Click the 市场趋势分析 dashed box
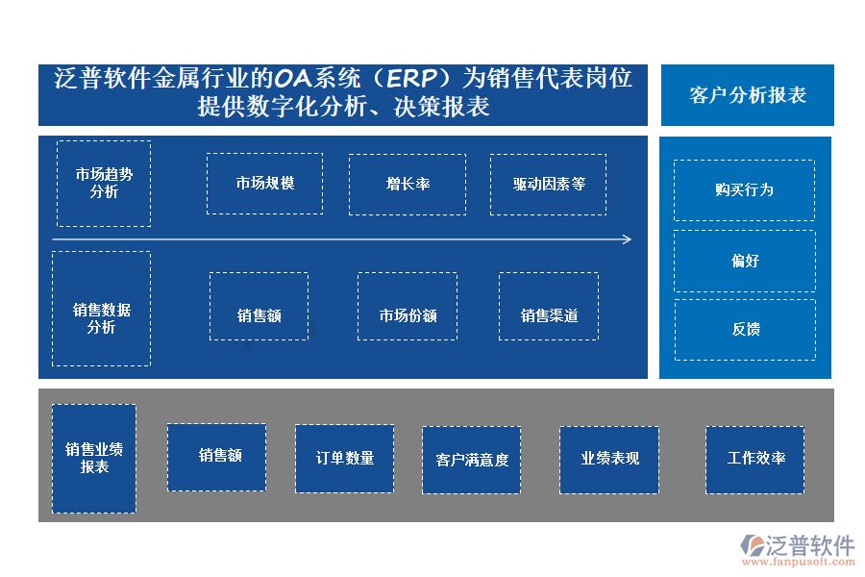tap(104, 184)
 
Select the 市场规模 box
tap(264, 184)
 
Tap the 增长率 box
tap(408, 184)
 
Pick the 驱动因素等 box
tap(548, 184)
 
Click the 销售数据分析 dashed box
tap(101, 309)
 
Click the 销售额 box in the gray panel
tap(216, 458)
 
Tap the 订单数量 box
tap(344, 459)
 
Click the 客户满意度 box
tap(471, 460)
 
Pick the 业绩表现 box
tap(609, 459)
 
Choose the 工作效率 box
tap(754, 459)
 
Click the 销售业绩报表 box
tap(94, 459)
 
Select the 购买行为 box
tap(744, 190)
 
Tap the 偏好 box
tap(744, 261)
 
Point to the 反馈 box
tap(744, 330)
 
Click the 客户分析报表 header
tap(747, 95)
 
